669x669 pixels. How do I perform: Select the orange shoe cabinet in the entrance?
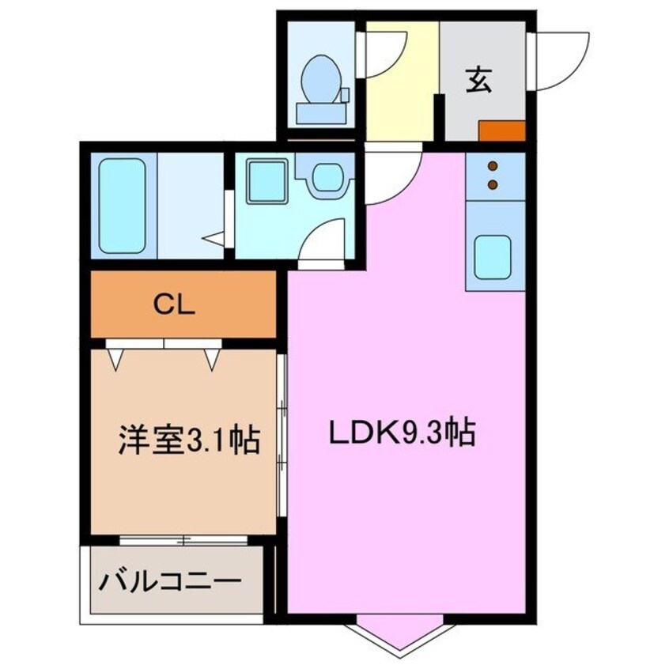coord(501,130)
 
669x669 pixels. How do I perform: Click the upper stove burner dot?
coord(493,167)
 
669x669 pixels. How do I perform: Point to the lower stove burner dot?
coord(493,185)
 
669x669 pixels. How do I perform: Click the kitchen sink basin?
coord(493,255)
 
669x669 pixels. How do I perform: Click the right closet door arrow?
coord(212,360)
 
